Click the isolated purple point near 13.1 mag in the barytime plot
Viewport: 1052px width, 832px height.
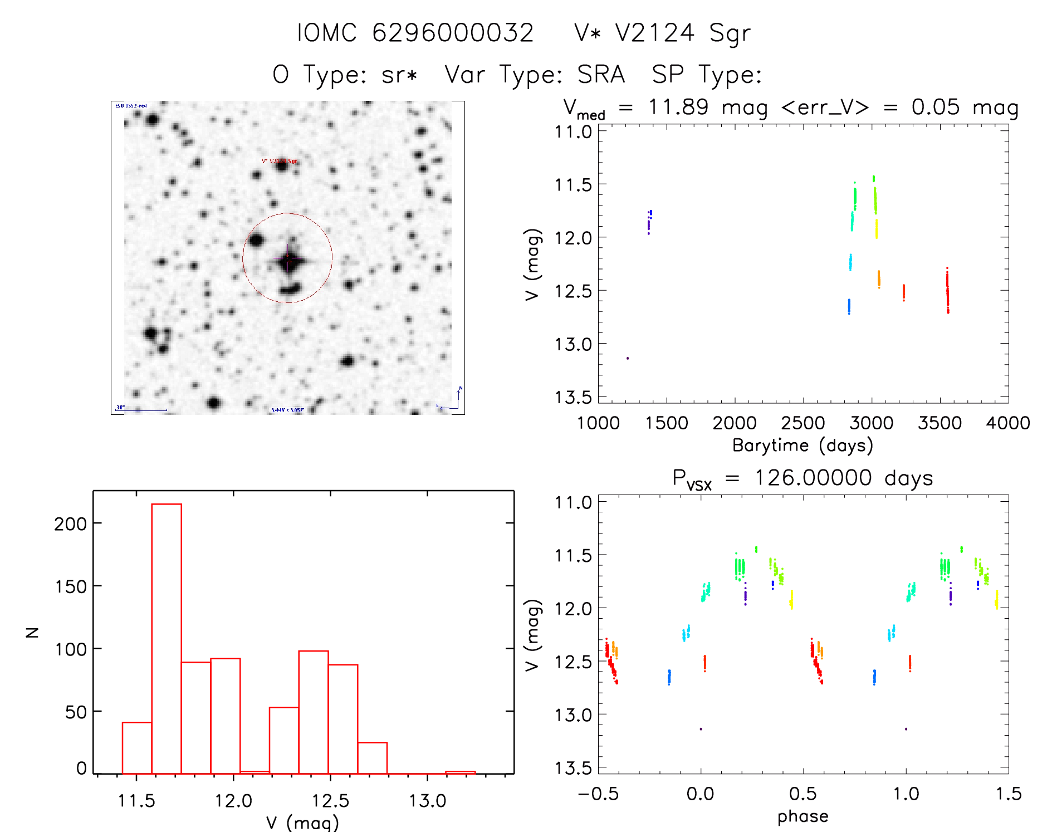[628, 358]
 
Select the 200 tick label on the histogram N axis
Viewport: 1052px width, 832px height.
[70, 524]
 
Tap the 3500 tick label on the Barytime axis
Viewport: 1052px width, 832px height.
[940, 423]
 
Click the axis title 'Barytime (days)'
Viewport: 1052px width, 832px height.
[803, 446]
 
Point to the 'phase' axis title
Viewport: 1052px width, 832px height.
[803, 816]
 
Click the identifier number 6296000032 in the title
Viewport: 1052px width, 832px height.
[453, 33]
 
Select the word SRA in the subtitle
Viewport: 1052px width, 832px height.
[601, 75]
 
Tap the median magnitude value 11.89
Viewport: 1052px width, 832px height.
[678, 107]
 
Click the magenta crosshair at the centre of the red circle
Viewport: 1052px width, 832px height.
[287, 259]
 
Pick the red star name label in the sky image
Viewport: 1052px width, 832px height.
[280, 161]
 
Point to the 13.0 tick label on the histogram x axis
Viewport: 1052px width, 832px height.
[427, 801]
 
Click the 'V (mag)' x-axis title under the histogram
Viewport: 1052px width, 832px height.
[302, 823]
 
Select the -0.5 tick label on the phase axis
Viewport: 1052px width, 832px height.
[598, 794]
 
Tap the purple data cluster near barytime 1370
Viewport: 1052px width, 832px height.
[649, 222]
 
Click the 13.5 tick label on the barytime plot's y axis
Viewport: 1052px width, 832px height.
[573, 398]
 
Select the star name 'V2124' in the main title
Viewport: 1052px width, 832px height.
[654, 33]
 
